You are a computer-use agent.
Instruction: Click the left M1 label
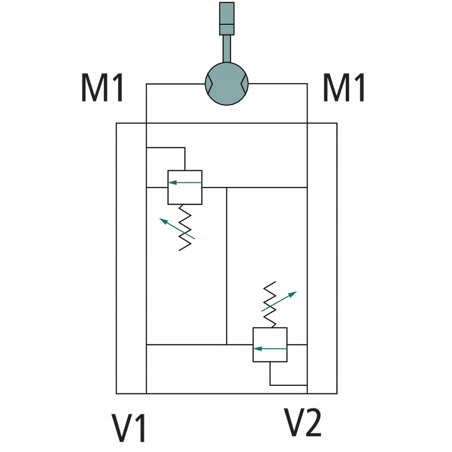tap(103, 89)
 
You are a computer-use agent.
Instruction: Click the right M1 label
tap(345, 89)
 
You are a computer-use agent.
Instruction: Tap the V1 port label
tap(129, 428)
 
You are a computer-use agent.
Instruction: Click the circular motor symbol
tap(227, 83)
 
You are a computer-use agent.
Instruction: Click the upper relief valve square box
tap(185, 187)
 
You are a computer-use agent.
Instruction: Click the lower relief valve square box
tap(270, 344)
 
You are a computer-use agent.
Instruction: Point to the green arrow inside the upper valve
tap(185, 182)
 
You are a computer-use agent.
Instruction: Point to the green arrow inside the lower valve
tap(270, 349)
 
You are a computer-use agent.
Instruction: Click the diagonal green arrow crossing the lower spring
tap(279, 302)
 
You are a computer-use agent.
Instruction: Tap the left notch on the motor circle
tap(208, 84)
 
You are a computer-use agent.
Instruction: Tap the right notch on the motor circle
tap(245, 84)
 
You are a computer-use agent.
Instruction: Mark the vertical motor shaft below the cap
tap(227, 49)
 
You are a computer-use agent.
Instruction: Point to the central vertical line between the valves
tap(227, 266)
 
